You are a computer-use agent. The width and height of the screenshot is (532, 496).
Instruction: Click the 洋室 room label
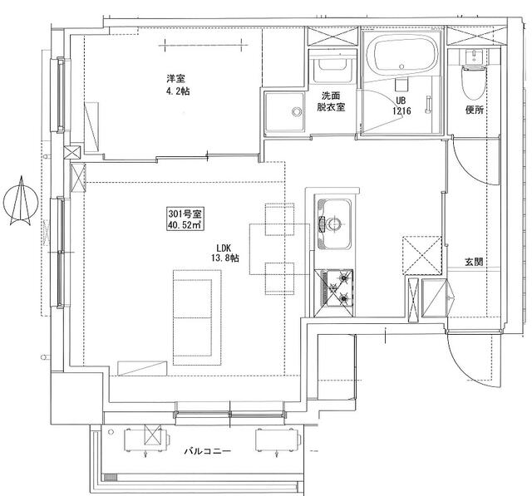point(175,79)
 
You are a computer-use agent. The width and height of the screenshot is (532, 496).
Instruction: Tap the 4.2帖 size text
point(178,91)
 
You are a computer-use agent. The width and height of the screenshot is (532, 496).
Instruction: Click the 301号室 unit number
point(185,214)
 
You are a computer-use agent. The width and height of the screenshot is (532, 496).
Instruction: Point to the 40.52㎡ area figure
point(185,224)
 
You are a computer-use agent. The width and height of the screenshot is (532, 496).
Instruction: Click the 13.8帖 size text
point(225,258)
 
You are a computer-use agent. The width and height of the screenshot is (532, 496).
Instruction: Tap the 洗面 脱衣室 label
point(331,101)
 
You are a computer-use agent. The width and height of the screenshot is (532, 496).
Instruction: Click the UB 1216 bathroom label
point(401,106)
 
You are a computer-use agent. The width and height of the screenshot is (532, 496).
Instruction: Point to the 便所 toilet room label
point(475,110)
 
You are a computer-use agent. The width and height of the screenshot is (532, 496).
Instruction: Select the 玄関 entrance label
point(474,262)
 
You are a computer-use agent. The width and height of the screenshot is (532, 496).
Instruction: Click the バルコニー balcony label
point(208,451)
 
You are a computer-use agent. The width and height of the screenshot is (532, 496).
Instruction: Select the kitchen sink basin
point(334,223)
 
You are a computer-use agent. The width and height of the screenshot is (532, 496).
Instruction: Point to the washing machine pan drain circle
point(297,111)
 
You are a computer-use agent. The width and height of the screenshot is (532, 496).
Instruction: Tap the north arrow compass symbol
point(20,200)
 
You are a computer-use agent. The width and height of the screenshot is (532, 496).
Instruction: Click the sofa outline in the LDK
point(197,317)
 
